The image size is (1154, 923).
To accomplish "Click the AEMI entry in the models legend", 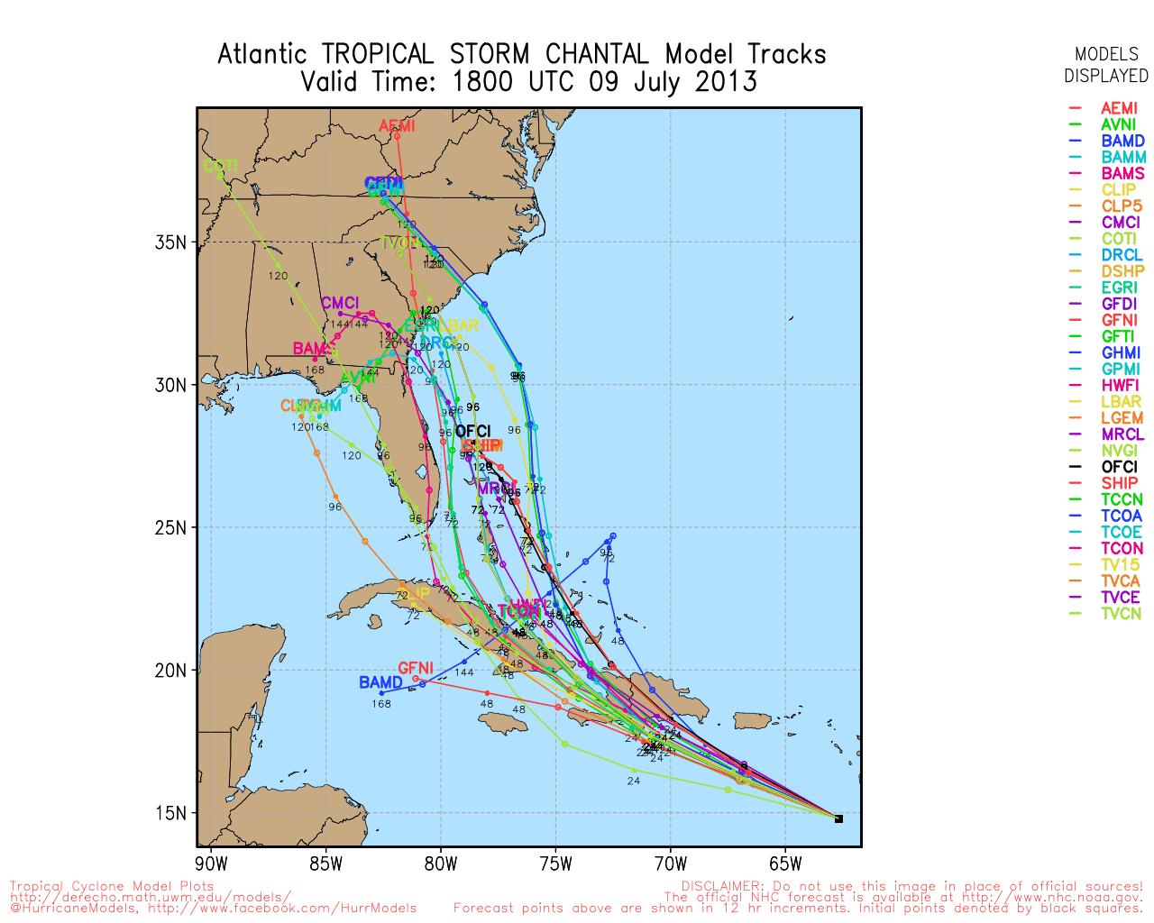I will click(x=1119, y=108).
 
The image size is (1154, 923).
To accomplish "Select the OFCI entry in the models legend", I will click(x=1119, y=467).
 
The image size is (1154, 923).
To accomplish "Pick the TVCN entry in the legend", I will click(x=1121, y=614).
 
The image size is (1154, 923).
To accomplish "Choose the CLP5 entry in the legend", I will click(x=1122, y=206).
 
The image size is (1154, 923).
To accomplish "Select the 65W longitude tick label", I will click(x=785, y=864).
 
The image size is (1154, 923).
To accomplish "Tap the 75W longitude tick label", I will click(x=555, y=864).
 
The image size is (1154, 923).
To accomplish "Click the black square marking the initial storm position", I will click(x=838, y=818).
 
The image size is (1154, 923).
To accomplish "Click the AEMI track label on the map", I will click(x=397, y=126).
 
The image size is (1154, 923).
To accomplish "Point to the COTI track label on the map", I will click(x=221, y=166).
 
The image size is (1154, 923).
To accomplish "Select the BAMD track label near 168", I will click(x=380, y=682).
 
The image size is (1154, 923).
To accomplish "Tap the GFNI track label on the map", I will click(x=416, y=668).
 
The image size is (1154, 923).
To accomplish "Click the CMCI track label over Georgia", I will click(x=340, y=303).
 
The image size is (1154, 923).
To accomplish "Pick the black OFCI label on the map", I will click(x=472, y=432).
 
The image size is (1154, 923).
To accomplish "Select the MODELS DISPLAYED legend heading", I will click(x=1105, y=65).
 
